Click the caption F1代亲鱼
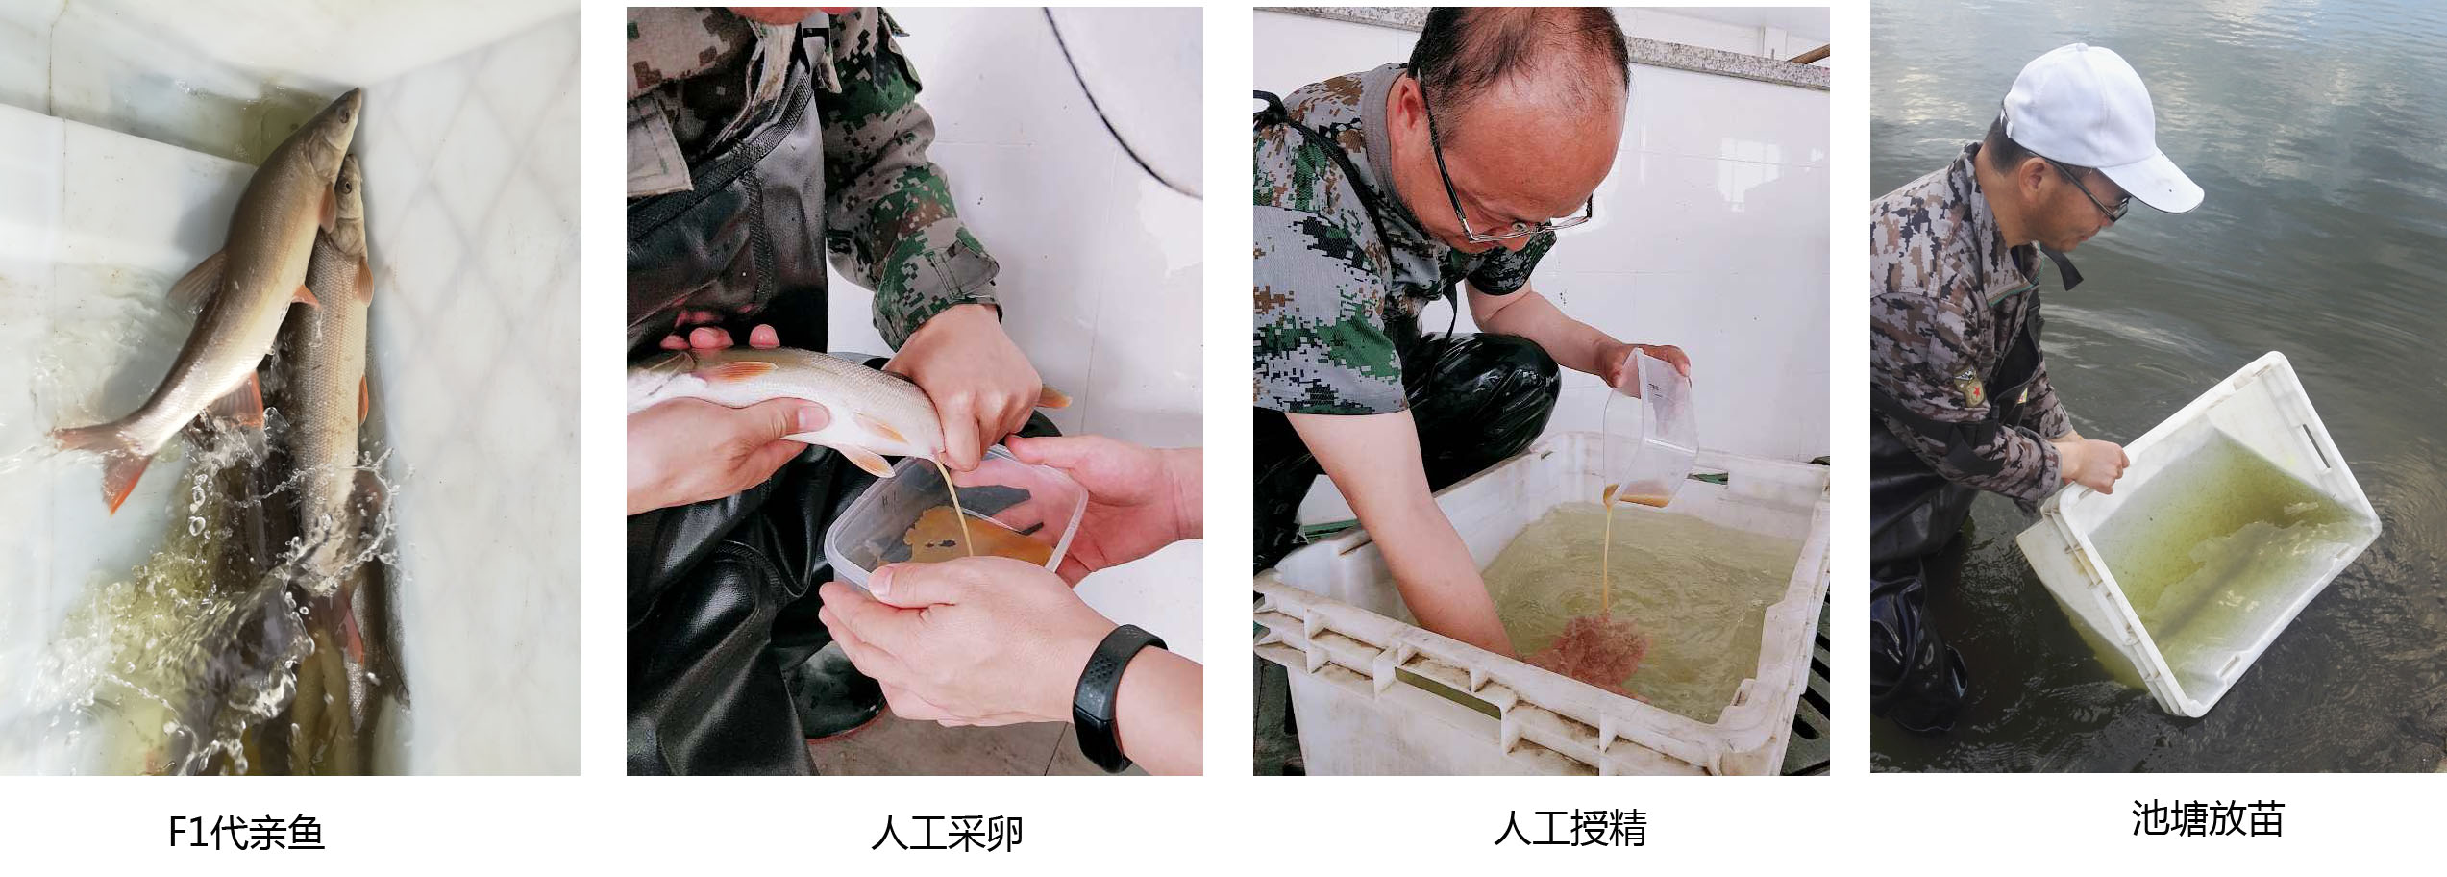pos(246,832)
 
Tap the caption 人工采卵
pos(947,832)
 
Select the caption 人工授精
pos(1570,828)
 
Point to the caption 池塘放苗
pos(2207,819)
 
